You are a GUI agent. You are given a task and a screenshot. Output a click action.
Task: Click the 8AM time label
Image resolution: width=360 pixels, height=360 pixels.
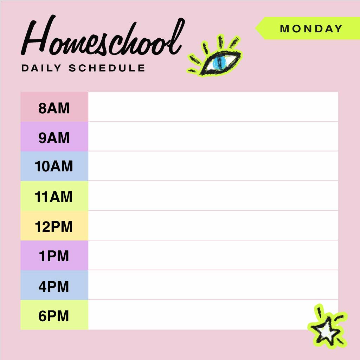54,108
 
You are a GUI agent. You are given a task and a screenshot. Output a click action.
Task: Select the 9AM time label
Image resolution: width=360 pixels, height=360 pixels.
54,138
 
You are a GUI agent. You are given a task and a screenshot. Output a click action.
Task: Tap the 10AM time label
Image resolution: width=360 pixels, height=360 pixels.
54,166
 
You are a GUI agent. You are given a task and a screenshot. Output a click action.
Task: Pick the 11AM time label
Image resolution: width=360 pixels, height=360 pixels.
54,197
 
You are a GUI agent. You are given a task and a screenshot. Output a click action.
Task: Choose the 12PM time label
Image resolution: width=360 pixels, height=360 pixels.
54,227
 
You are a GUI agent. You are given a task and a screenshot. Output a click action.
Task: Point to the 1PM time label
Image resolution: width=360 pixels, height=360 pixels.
54,256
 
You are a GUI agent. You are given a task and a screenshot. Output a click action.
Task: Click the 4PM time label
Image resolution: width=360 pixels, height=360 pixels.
54,286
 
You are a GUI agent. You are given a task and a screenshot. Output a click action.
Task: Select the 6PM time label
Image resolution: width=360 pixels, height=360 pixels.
54,316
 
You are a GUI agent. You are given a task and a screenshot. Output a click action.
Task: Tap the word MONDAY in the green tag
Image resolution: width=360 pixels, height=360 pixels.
311,28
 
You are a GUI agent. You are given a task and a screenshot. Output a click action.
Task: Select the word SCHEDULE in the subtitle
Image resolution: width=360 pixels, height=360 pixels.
107,68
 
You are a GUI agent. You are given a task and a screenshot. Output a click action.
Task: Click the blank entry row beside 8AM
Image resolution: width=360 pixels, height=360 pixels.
213,107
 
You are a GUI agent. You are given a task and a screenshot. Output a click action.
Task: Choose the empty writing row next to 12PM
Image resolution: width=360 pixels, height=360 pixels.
213,226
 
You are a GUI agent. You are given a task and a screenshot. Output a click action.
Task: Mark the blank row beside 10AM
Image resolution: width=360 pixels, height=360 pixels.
213,166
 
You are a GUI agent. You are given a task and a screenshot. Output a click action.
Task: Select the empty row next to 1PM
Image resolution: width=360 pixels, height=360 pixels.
213,256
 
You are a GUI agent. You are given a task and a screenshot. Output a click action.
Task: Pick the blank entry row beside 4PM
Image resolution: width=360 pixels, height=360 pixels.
213,285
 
